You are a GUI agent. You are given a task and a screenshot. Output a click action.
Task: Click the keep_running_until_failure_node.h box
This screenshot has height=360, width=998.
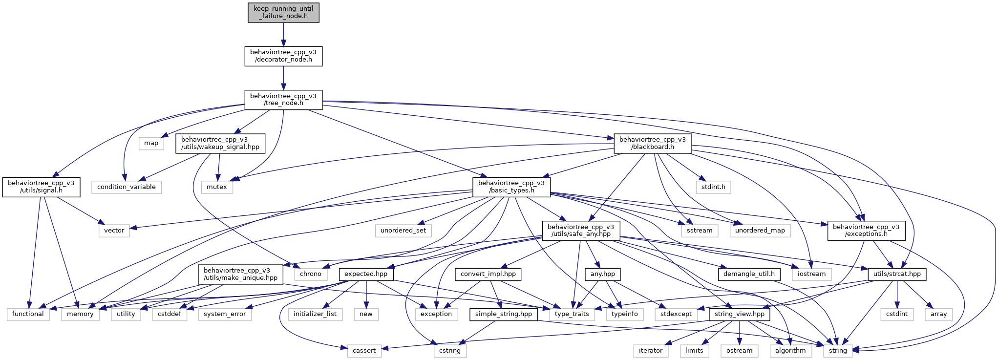[283, 12]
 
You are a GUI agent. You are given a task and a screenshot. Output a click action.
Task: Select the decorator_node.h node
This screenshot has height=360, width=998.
[283, 56]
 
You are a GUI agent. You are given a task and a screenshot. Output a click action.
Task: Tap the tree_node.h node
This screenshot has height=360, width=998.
[283, 100]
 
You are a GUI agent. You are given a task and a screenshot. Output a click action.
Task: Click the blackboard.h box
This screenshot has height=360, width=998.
[653, 143]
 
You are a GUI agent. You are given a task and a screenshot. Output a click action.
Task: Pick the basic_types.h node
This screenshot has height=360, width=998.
[511, 187]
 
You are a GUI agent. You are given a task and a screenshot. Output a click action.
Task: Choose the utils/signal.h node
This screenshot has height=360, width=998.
[41, 187]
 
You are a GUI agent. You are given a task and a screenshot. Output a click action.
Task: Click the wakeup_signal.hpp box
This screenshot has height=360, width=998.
[220, 143]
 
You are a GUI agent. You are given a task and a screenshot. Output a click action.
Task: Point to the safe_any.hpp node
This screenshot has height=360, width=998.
[581, 231]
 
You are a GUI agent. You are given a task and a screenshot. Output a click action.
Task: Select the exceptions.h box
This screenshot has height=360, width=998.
[866, 231]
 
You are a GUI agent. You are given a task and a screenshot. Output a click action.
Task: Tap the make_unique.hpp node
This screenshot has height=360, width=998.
[240, 274]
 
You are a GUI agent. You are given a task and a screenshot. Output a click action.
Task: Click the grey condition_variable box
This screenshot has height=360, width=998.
[127, 187]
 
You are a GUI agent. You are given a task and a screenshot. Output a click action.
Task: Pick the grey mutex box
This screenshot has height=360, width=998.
[217, 187]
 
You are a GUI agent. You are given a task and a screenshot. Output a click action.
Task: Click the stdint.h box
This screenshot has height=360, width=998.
[713, 187]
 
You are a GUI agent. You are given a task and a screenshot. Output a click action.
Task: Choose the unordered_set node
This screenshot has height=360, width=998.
[403, 231]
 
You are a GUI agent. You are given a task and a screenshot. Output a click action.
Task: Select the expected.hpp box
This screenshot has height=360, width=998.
[366, 274]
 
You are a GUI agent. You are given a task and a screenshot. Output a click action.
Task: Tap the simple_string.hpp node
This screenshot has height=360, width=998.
[504, 314]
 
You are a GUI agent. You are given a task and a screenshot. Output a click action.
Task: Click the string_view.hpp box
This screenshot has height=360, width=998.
[740, 314]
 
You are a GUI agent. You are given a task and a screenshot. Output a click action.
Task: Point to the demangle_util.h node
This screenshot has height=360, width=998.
[749, 274]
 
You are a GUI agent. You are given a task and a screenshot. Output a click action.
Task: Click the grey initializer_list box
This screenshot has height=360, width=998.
[315, 314]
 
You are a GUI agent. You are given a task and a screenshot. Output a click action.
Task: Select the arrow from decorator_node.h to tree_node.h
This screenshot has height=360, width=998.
[283, 78]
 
